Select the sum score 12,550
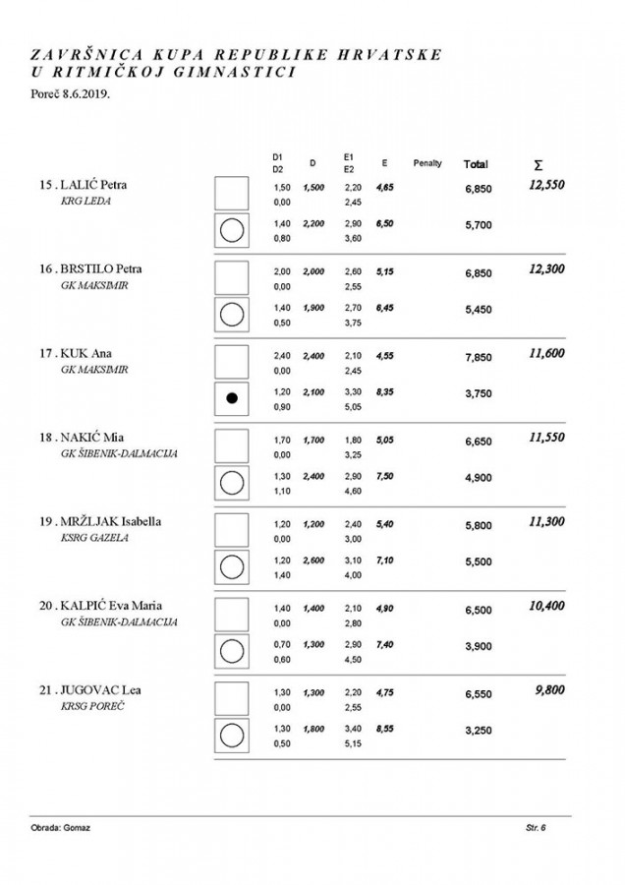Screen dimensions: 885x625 (545, 184)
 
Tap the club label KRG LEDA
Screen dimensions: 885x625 (85, 203)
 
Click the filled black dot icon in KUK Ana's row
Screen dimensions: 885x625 (232, 397)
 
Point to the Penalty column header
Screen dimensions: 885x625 (427, 163)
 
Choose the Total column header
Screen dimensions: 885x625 (476, 164)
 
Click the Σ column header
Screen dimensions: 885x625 (537, 164)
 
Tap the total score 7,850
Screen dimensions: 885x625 (478, 358)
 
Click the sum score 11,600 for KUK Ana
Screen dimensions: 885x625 (545, 352)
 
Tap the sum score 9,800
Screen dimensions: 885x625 (549, 689)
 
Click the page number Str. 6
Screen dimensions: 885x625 (536, 828)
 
